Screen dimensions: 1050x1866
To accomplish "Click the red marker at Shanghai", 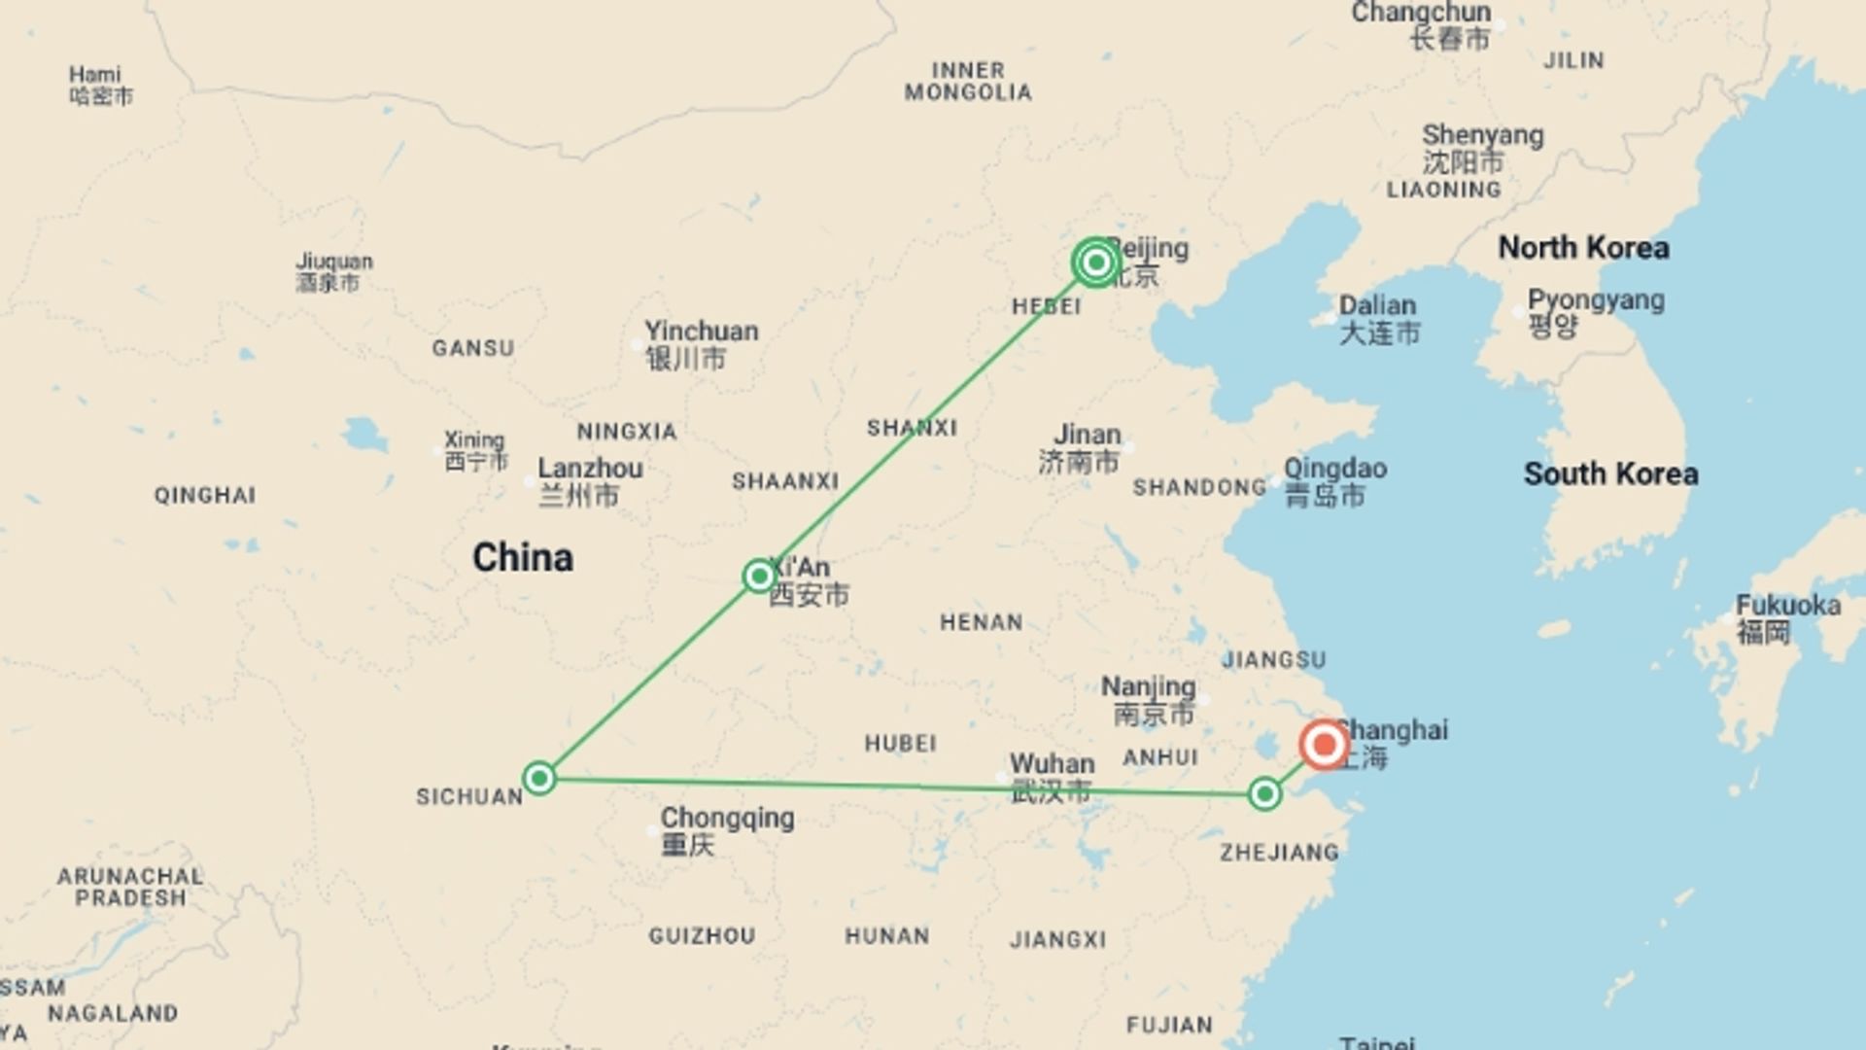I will (x=1323, y=746).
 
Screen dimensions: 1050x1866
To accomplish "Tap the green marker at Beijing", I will (x=1096, y=262).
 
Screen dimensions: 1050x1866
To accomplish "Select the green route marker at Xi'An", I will (x=758, y=577).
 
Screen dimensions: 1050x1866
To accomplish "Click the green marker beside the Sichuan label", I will (x=538, y=778).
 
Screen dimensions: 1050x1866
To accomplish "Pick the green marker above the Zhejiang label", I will (x=1263, y=794).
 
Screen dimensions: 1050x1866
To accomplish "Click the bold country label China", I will (x=523, y=558).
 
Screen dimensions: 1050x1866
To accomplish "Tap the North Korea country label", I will (x=1583, y=248).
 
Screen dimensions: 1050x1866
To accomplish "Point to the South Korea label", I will (x=1610, y=474).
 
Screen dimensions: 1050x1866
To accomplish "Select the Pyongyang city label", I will (x=1595, y=300).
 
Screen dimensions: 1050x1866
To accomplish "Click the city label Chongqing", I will (x=727, y=819).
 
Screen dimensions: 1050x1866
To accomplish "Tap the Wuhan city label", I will (x=1052, y=764).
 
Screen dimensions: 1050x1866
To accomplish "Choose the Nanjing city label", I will (x=1148, y=687).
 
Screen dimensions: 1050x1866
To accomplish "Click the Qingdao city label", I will (x=1334, y=469).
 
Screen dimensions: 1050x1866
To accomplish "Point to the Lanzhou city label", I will (x=590, y=469).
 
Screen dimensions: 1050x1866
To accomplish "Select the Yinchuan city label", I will (x=701, y=332).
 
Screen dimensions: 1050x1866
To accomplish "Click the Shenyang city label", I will (x=1482, y=135).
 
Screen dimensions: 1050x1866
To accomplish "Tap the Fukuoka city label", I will (x=1787, y=606).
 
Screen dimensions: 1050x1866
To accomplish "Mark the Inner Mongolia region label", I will (x=968, y=82).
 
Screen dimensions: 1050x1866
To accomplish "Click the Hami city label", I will (x=95, y=75).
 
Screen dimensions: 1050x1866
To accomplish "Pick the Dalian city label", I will (x=1377, y=305).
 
